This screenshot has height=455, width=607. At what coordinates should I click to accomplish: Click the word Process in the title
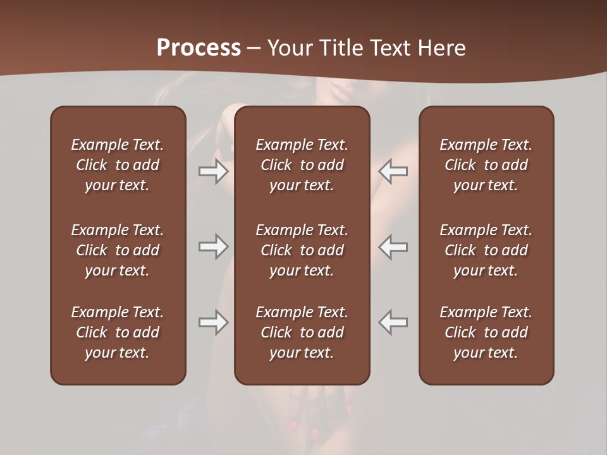point(199,48)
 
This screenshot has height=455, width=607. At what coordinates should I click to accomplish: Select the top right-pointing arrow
point(213,171)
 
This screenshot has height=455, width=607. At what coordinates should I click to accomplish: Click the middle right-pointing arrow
point(213,246)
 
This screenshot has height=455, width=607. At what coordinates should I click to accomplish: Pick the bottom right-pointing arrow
point(213,323)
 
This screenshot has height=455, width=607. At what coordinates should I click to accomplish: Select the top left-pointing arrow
point(393,171)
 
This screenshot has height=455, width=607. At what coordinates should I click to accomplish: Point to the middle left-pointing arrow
point(393,246)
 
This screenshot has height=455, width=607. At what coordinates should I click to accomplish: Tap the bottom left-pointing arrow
point(393,323)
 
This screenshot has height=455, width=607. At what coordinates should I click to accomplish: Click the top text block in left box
point(118,165)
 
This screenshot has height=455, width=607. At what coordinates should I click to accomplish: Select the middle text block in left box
point(118,250)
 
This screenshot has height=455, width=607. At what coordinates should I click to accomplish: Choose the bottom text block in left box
point(118,332)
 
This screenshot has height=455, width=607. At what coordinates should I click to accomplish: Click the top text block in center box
point(302,165)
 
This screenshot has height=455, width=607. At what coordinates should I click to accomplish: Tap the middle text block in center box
point(302,250)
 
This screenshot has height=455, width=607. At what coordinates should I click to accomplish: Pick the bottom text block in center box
point(302,332)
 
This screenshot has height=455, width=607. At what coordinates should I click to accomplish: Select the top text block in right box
point(486,165)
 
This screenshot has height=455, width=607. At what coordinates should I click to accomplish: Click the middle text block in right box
point(486,250)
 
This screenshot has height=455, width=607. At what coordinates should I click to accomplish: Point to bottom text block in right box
point(486,332)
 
